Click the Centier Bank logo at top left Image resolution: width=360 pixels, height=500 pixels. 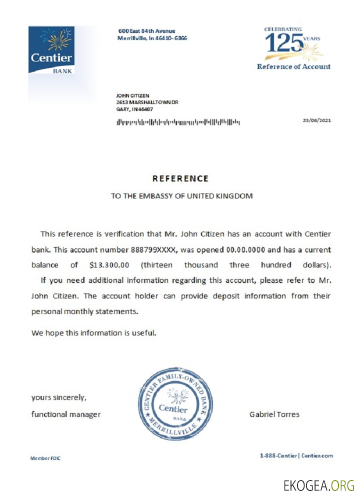click(51, 50)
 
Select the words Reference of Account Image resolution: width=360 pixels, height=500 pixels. click(293, 66)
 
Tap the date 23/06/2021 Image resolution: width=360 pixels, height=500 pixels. click(317, 120)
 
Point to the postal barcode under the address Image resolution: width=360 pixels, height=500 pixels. click(178, 121)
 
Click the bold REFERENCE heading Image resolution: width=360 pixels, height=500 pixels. click(180, 178)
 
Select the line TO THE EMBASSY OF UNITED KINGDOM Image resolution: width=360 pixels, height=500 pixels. click(181, 196)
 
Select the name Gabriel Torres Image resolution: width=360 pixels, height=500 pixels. click(274, 414)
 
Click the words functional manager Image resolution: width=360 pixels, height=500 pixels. click(66, 414)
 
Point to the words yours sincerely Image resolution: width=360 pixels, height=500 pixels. click(59, 397)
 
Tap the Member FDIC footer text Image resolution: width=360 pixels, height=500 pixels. click(45, 457)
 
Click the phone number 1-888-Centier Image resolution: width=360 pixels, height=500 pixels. click(278, 455)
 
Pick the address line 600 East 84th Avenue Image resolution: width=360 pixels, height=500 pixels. click(146, 31)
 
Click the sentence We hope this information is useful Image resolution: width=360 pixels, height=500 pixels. click(94, 332)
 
